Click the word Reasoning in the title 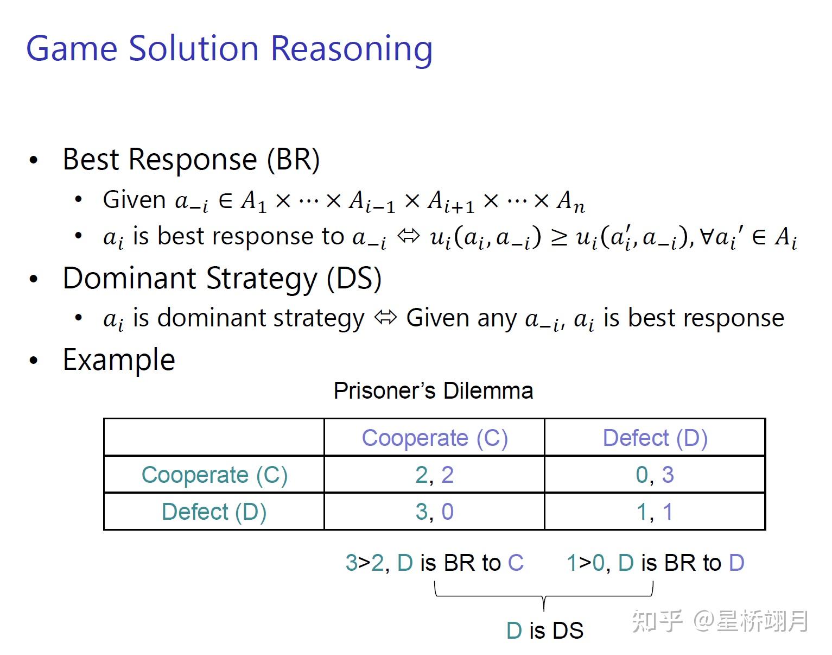click(351, 49)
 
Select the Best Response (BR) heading click(191, 160)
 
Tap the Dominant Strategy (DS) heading click(222, 279)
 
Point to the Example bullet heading click(119, 360)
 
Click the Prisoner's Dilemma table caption click(433, 391)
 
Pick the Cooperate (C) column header click(434, 438)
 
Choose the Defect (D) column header click(655, 438)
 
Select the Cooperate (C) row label click(214, 475)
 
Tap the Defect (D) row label click(214, 512)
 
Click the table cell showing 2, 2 click(434, 475)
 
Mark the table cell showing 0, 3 click(655, 475)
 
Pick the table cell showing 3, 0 click(434, 512)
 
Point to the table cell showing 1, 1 click(655, 512)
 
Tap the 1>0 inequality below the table click(585, 563)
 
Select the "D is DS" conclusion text click(544, 631)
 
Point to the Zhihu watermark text click(720, 621)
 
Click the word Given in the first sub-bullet click(134, 200)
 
